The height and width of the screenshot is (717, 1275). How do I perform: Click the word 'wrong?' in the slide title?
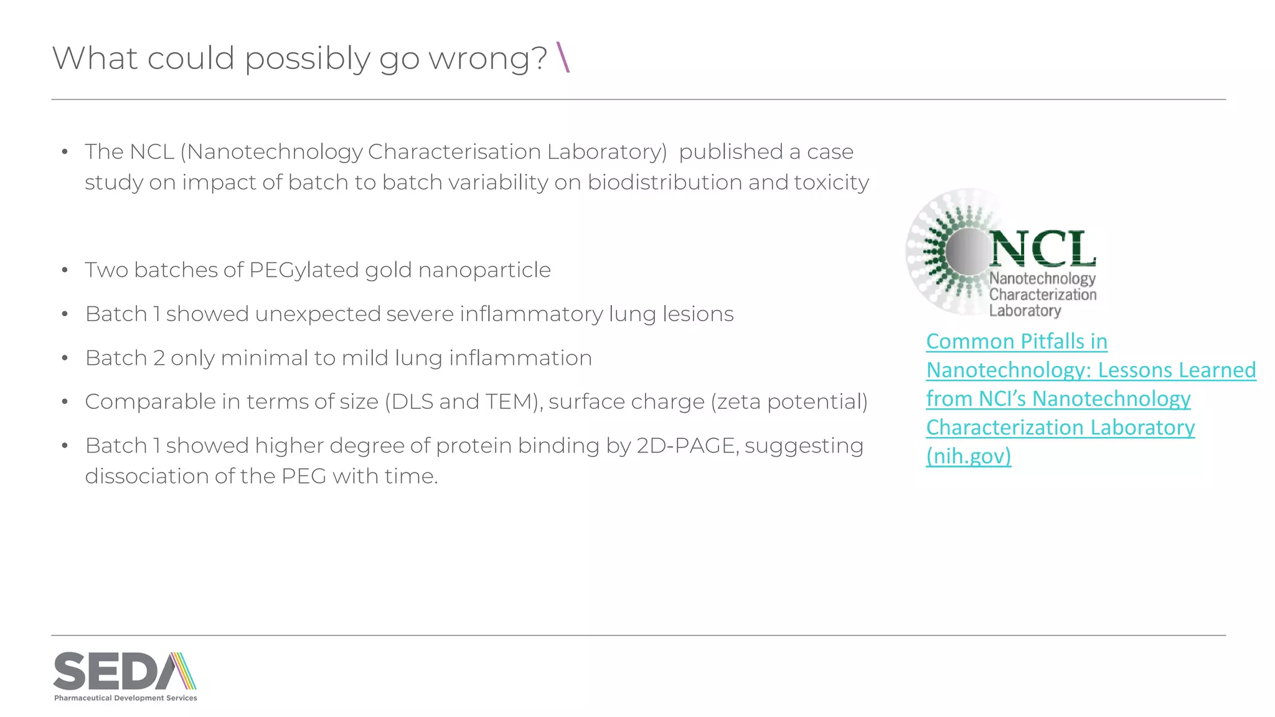point(488,59)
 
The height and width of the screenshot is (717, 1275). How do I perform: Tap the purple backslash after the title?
point(563,57)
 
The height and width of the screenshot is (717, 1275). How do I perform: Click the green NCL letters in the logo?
point(1043,249)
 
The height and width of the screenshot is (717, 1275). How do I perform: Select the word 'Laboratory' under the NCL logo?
point(1025,311)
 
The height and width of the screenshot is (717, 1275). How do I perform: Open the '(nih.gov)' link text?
point(968,456)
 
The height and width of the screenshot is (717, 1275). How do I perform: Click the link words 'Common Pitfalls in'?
point(1017,341)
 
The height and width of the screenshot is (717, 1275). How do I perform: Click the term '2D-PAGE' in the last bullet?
point(687,446)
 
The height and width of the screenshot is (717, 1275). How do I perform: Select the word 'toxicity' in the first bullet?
point(831,182)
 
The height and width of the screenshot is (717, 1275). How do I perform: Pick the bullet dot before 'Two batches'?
point(65,270)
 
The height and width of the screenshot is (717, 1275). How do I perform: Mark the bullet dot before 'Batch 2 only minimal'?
point(65,358)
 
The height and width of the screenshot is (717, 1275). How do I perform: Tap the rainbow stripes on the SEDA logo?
point(182,671)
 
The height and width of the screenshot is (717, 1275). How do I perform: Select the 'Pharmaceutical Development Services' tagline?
point(126,698)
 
